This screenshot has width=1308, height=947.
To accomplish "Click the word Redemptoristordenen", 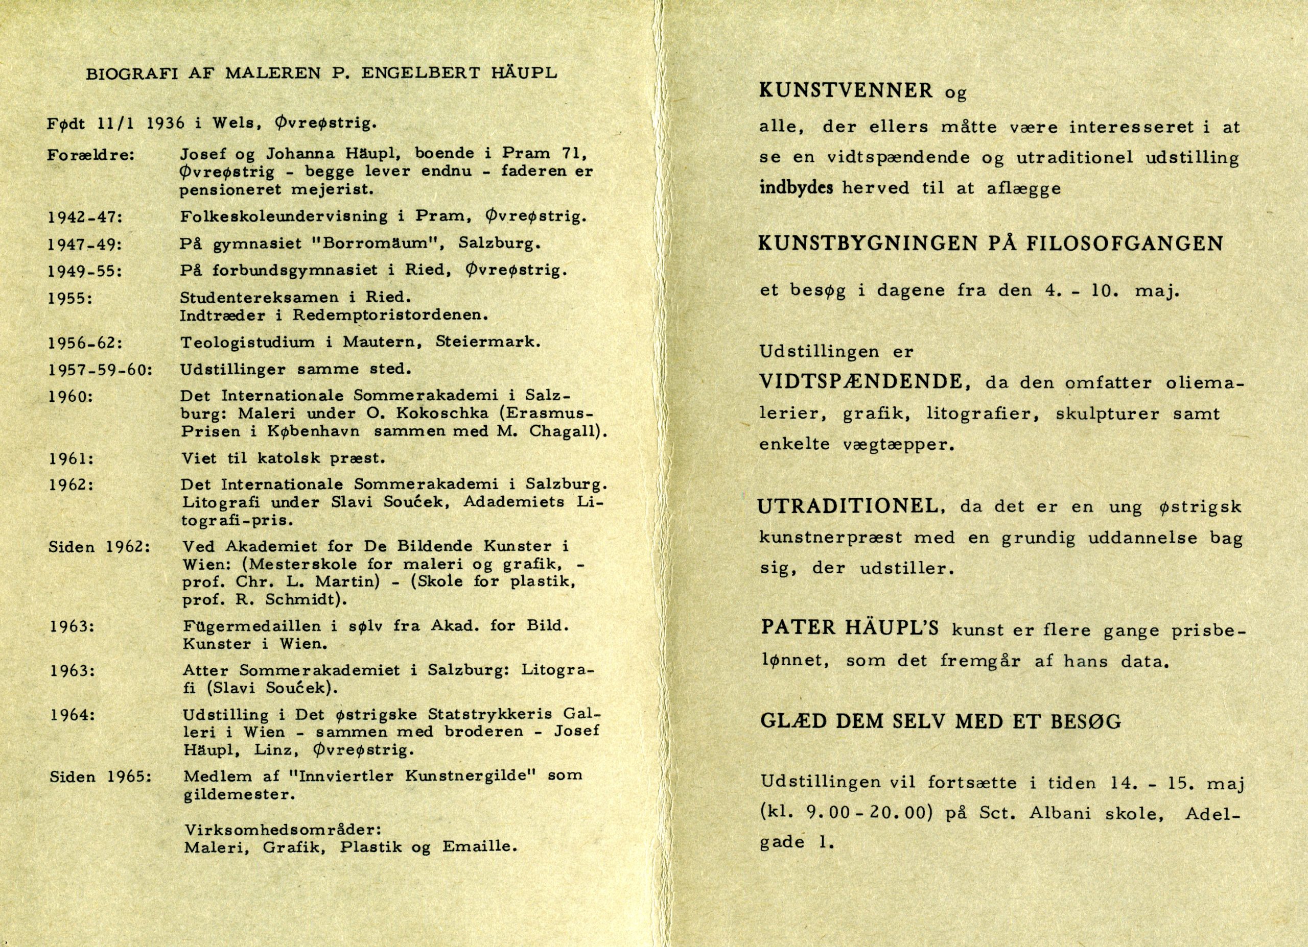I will tap(390, 315).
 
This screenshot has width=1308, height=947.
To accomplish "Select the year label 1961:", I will tap(72, 459).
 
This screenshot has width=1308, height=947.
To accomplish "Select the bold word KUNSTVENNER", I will tap(846, 90).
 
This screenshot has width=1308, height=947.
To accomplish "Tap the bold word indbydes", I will tap(796, 188).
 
